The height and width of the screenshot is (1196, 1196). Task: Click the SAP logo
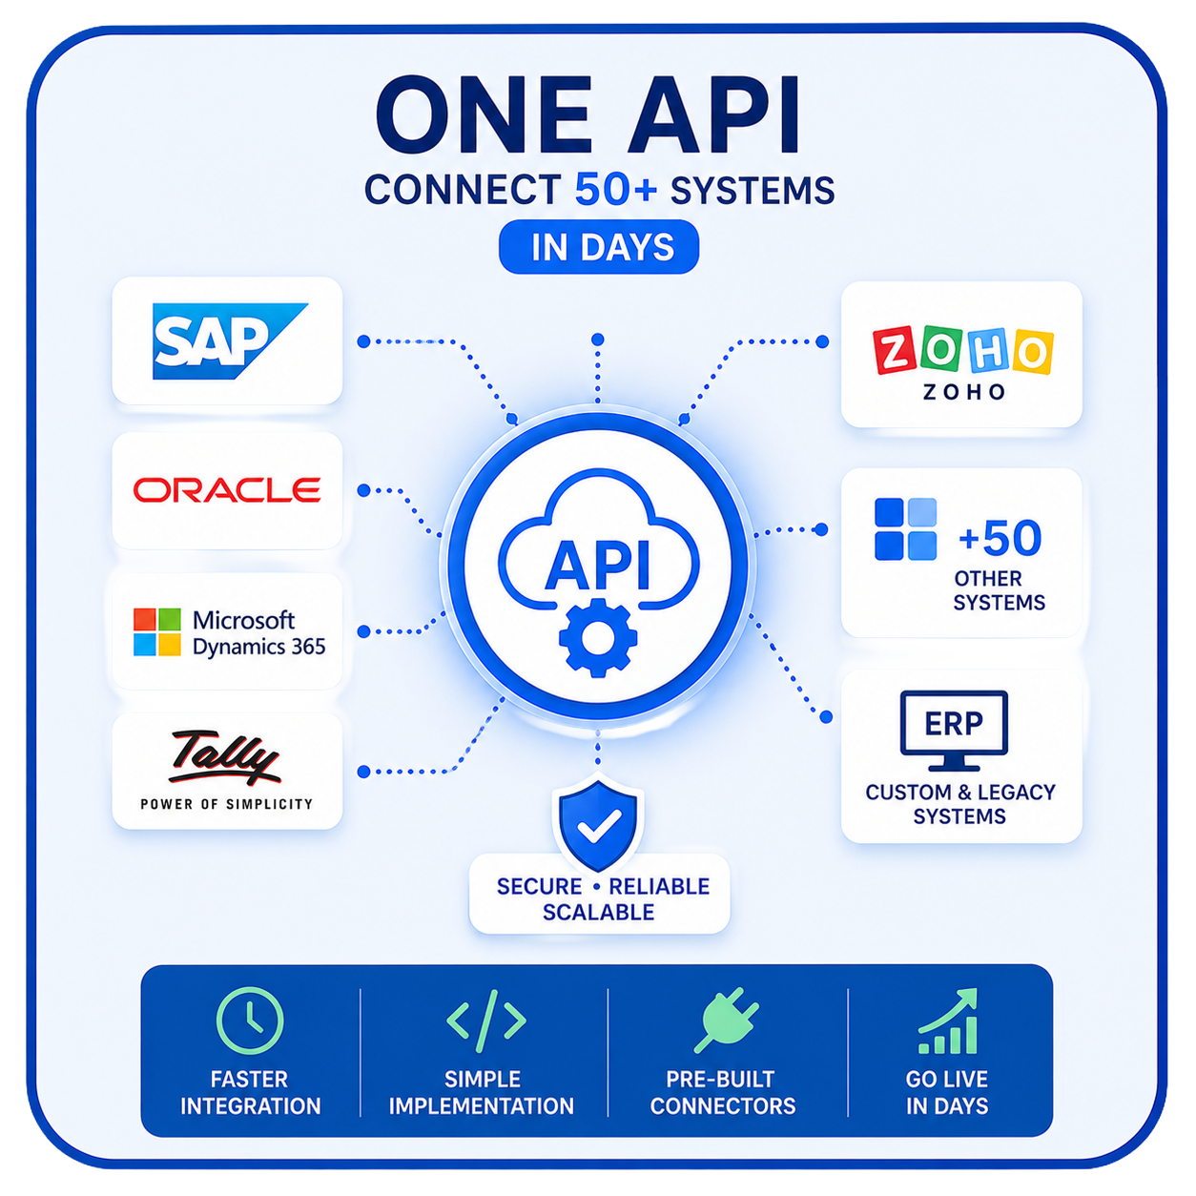[230, 340]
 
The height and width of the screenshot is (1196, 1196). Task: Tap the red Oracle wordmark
[227, 489]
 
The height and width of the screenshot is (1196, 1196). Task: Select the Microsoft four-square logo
[157, 631]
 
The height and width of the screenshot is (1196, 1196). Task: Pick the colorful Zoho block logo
[962, 350]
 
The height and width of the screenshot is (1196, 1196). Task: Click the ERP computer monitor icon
[954, 731]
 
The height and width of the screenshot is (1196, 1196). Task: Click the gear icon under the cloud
[598, 637]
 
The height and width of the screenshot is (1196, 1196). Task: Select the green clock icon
[250, 1021]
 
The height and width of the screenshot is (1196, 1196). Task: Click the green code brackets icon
[486, 1021]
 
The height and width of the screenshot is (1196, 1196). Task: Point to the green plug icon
[726, 1021]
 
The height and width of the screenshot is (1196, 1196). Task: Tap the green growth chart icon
[948, 1021]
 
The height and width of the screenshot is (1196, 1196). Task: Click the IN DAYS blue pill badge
[599, 247]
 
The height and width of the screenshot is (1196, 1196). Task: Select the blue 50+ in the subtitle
[616, 189]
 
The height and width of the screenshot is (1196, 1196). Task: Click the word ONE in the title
[484, 116]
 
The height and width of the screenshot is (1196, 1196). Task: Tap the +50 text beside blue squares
[1000, 538]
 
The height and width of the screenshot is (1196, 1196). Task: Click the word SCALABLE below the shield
[598, 913]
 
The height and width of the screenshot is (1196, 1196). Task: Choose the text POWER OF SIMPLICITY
[226, 804]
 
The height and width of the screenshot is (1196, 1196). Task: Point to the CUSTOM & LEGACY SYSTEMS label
[960, 804]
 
